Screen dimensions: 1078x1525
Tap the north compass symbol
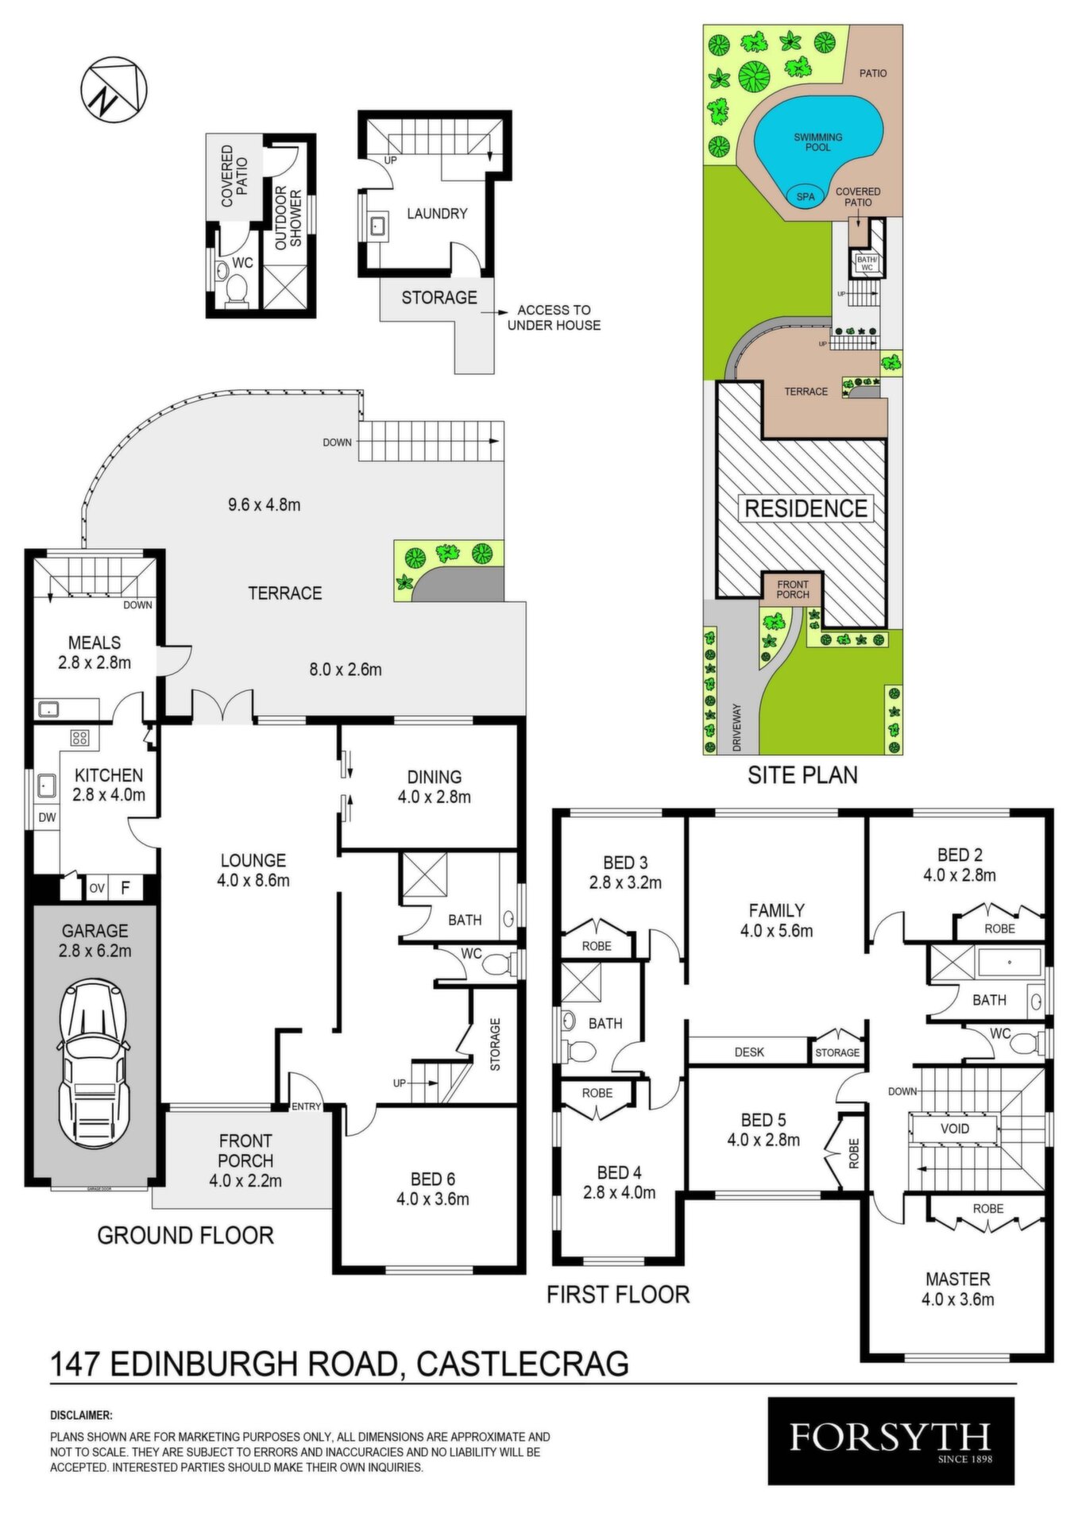click(x=114, y=92)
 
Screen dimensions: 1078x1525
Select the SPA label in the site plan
click(x=806, y=197)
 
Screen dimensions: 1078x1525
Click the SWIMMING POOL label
click(x=818, y=142)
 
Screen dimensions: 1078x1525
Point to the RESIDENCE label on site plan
click(x=806, y=508)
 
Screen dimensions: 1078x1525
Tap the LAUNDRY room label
click(x=437, y=214)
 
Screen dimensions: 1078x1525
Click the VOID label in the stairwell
click(x=954, y=1129)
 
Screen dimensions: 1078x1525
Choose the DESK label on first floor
click(x=749, y=1052)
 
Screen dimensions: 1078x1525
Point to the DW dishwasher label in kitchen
click(x=48, y=817)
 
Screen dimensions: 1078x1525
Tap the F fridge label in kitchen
click(x=125, y=888)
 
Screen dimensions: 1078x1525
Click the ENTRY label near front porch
click(x=307, y=1106)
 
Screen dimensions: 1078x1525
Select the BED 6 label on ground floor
click(x=433, y=1179)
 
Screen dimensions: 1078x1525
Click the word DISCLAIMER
click(x=81, y=1415)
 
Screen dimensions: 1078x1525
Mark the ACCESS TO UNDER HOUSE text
click(x=554, y=318)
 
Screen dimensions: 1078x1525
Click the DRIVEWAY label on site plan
click(x=736, y=728)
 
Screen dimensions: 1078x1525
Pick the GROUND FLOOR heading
click(x=185, y=1235)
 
